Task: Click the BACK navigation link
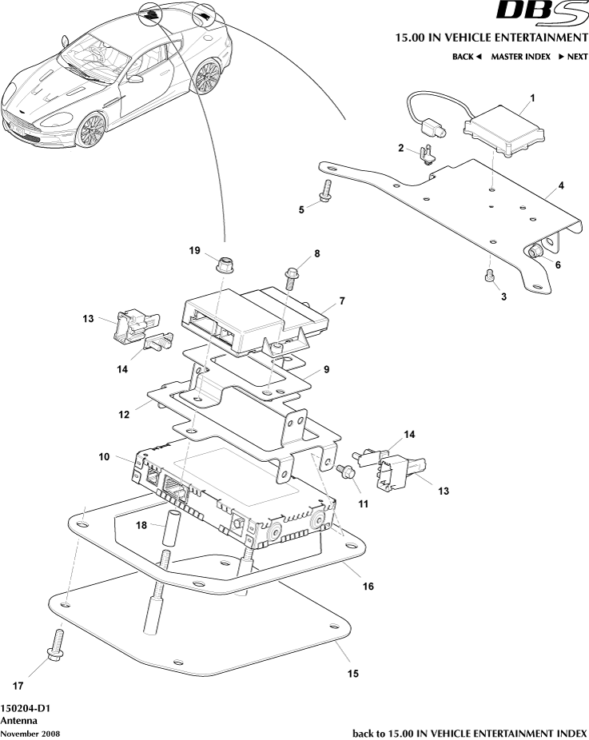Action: [467, 57]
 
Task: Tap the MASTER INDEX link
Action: [520, 57]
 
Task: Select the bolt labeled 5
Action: [325, 193]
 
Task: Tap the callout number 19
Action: [194, 250]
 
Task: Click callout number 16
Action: [368, 585]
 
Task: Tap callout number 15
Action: [352, 673]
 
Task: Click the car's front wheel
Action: [91, 128]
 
